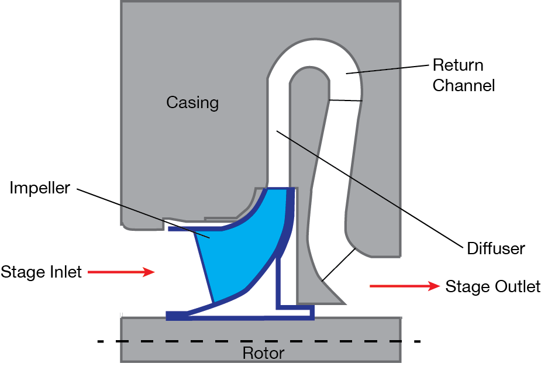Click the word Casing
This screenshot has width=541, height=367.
192,103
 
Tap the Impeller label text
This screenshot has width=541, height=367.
40,188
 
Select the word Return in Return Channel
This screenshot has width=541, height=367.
457,65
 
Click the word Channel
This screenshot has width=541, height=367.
464,85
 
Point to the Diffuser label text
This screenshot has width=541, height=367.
495,248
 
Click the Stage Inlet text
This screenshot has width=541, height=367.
41,272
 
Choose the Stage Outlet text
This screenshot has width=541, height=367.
492,286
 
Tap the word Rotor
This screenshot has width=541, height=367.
263,354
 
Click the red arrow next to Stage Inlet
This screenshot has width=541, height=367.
122,272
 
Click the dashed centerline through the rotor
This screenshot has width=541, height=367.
175,341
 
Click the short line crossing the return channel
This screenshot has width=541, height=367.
345,101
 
